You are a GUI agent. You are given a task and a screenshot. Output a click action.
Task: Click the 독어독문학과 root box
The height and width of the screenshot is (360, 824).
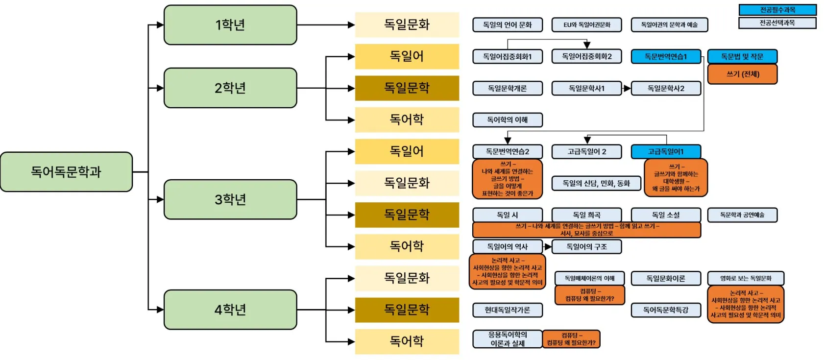(x=66, y=172)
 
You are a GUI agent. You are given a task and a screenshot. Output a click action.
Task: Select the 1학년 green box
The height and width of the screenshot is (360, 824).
(x=230, y=25)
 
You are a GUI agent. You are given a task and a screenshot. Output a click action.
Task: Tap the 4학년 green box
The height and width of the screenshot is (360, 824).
(x=230, y=310)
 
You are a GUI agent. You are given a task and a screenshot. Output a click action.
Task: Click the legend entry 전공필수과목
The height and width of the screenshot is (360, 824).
(x=777, y=10)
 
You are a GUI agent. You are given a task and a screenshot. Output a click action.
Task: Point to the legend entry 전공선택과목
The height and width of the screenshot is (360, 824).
(x=777, y=23)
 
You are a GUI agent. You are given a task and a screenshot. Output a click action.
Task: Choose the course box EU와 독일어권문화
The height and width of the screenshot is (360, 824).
(x=586, y=25)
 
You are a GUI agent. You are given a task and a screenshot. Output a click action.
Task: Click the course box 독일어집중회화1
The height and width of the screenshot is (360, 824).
(x=507, y=57)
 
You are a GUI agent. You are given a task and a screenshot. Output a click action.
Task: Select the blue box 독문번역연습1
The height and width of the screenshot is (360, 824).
(x=666, y=57)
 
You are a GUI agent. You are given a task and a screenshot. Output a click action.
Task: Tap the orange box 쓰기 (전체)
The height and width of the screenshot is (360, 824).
(x=742, y=74)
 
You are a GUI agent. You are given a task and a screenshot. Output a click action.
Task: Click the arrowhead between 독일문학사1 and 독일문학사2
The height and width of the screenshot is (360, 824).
(x=627, y=89)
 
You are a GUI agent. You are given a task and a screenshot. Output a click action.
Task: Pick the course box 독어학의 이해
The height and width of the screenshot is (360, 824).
(x=507, y=120)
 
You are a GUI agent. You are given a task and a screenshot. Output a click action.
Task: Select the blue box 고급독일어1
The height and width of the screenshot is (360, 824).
(x=666, y=152)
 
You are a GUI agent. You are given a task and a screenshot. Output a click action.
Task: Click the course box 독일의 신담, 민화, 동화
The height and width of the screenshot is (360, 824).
(x=596, y=183)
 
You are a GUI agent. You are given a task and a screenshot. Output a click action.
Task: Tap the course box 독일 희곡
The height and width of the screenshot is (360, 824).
(x=586, y=215)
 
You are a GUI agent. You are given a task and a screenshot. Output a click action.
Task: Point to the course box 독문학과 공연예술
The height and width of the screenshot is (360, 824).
(x=742, y=215)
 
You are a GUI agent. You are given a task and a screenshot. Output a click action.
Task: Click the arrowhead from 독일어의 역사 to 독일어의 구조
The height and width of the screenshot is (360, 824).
(x=548, y=247)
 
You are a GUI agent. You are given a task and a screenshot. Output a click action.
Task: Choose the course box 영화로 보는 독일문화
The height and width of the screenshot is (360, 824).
(x=745, y=279)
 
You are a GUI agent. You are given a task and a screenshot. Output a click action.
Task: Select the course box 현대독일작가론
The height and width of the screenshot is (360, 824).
(x=507, y=310)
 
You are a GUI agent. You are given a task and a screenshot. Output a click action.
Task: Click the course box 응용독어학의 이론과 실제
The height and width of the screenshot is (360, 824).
(x=507, y=339)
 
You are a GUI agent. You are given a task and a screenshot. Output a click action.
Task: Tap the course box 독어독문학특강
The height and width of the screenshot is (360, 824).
(x=666, y=310)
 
